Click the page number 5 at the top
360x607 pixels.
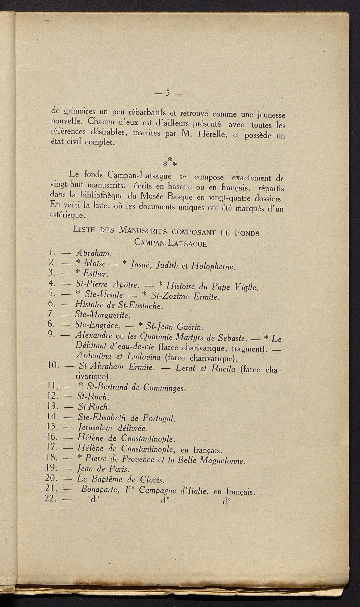[168, 93]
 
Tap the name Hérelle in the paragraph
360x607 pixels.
[213, 134]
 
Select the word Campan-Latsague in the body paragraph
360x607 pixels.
[140, 175]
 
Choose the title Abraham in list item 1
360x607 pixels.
[93, 253]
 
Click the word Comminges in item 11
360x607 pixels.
[163, 388]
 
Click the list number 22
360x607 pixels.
[52, 500]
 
